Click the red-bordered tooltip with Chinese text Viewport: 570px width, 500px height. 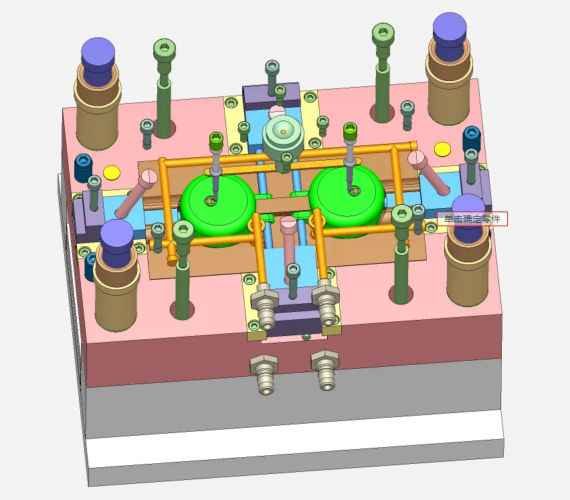click(472, 219)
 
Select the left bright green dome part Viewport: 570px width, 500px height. click(217, 208)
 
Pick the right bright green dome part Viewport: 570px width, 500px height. click(346, 201)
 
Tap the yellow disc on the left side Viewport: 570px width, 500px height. click(112, 173)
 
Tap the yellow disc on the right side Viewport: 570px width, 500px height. click(442, 149)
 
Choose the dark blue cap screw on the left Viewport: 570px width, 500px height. click(83, 169)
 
